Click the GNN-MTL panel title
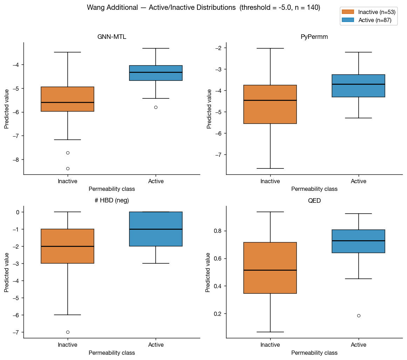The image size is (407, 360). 112,37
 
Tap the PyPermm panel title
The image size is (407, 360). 314,37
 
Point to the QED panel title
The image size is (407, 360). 314,201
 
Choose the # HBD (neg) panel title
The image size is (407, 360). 112,201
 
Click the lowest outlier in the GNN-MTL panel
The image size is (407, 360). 68,168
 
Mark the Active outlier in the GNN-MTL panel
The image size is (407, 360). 156,107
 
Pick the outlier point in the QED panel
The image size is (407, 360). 359,316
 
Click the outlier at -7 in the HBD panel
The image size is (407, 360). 68,332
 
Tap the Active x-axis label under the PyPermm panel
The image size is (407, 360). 359,181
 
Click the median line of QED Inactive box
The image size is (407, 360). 270,270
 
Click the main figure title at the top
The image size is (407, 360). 203,7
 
